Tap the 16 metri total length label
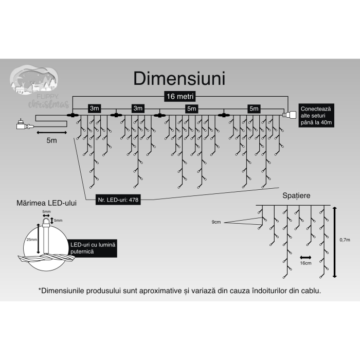pyautogui.click(x=179, y=96)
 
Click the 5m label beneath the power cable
pyautogui.click(x=51, y=140)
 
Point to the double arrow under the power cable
pyautogui.click(x=51, y=132)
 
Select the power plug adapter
pyautogui.click(x=22, y=124)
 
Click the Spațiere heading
pyautogui.click(x=296, y=196)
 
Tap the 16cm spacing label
pyautogui.click(x=305, y=263)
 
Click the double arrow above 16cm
pyautogui.click(x=305, y=256)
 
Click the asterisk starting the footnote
pyautogui.click(x=40, y=290)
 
